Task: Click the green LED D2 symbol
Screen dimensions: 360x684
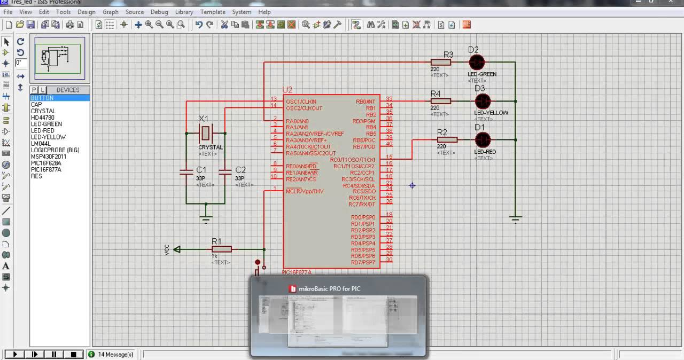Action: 476,62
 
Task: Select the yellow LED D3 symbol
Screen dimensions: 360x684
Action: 483,101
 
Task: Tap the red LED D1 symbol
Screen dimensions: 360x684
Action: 483,140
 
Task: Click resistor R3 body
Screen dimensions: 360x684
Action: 441,62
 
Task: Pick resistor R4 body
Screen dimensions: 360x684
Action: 441,101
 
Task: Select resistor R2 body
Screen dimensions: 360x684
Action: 447,140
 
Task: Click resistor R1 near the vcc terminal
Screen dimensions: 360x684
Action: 221,249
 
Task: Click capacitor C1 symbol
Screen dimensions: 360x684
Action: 186,171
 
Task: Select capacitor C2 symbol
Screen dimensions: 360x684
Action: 225,171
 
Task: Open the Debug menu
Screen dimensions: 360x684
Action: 159,12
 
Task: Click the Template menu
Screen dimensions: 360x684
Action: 213,12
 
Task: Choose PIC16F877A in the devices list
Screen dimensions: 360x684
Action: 46,169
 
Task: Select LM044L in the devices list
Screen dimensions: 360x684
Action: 41,144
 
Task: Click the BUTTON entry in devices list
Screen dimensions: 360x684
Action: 42,98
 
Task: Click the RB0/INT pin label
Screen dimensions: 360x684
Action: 366,101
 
